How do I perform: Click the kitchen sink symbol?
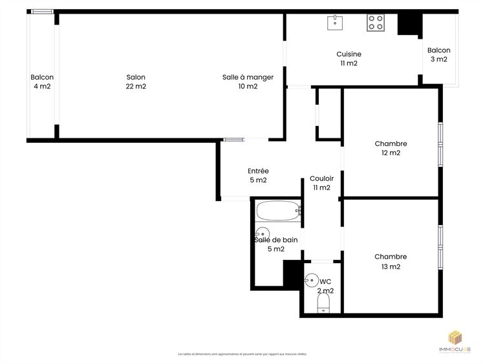[x=335, y=23]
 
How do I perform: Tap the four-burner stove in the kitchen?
[x=376, y=23]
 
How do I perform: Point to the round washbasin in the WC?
[x=312, y=281]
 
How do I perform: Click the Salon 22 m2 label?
[x=136, y=82]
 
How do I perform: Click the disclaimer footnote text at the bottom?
[x=242, y=354]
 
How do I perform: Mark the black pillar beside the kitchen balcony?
[x=408, y=25]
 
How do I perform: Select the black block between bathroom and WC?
[x=293, y=272]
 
